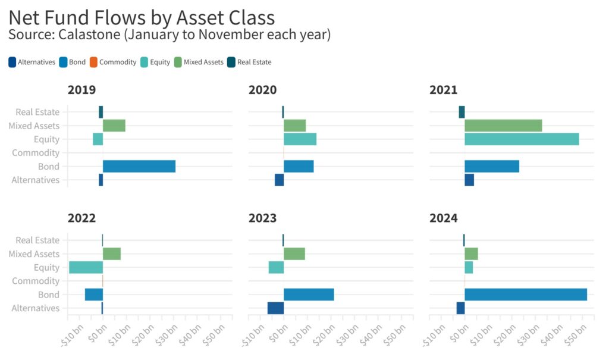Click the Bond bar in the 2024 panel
click(x=525, y=295)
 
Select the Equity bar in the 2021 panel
click(x=522, y=139)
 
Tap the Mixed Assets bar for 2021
click(x=503, y=126)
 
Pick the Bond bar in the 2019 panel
click(x=139, y=167)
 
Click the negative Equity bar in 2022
click(x=86, y=268)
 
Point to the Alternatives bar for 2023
click(x=275, y=308)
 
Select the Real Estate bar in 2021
click(x=462, y=112)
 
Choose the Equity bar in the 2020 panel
click(x=300, y=139)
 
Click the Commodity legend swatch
click(x=93, y=62)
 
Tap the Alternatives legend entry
click(x=32, y=62)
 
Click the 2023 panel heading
click(x=262, y=218)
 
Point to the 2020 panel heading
click(x=262, y=90)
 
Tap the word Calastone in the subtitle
click(x=89, y=35)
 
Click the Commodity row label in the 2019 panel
click(x=36, y=153)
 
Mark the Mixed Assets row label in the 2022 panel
click(x=34, y=254)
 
